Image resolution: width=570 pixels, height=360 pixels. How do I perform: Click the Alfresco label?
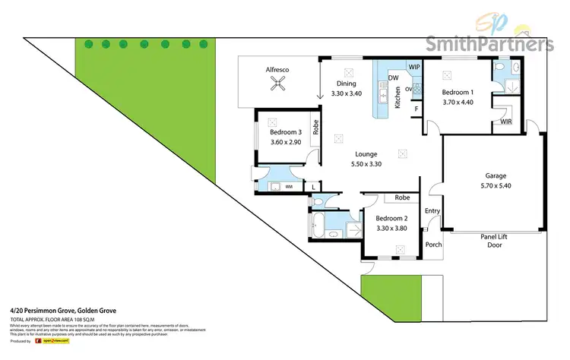tap(277, 69)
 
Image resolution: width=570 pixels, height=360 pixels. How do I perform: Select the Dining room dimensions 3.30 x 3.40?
tap(347, 94)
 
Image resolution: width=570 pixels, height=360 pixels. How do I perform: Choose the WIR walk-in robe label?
tap(506, 122)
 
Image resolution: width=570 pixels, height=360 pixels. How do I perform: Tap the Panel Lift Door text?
tap(494, 241)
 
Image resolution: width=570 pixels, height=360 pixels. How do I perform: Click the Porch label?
tap(433, 245)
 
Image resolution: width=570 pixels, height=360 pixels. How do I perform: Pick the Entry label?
tap(432, 211)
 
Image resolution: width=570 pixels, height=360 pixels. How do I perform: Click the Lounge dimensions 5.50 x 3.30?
tap(366, 164)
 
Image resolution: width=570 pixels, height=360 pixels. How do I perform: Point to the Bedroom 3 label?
tap(285, 133)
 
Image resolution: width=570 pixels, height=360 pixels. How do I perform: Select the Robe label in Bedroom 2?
tap(402, 197)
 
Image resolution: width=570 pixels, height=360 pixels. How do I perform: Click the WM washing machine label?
tap(289, 185)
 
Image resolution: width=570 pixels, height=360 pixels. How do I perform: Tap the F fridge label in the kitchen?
tap(416, 109)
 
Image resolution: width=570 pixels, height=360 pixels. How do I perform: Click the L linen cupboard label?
tap(314, 185)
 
